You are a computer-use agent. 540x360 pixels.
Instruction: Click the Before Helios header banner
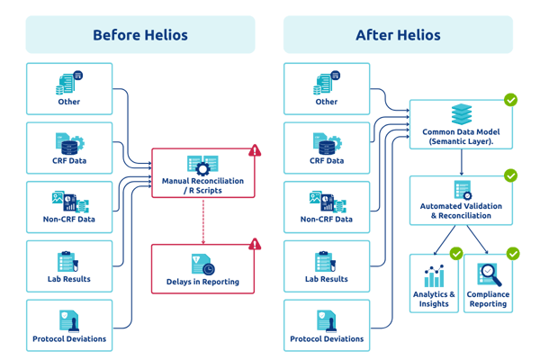(140, 35)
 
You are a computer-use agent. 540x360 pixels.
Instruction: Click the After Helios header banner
(398, 35)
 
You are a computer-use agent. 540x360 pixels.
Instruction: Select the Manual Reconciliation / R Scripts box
(202, 172)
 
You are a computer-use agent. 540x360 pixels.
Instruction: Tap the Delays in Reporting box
(202, 268)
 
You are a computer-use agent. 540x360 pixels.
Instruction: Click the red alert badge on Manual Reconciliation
(255, 150)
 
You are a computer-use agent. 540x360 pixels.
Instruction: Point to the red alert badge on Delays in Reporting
(255, 244)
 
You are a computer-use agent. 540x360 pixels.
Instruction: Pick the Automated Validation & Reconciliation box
(461, 199)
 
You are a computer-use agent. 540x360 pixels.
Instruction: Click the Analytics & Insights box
(434, 283)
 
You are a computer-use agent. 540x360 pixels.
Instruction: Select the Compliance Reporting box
(489, 283)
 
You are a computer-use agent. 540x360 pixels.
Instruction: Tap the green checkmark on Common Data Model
(510, 100)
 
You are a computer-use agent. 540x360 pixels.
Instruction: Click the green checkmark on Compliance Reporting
(513, 254)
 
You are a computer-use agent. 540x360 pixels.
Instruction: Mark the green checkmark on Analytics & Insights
(456, 254)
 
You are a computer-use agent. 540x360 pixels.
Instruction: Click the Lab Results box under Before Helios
(69, 266)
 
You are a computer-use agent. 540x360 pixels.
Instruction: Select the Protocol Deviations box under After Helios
(326, 325)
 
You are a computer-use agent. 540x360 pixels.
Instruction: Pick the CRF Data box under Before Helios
(69, 148)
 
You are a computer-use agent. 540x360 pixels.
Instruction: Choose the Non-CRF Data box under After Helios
(326, 207)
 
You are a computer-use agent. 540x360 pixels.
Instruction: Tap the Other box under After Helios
(326, 88)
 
